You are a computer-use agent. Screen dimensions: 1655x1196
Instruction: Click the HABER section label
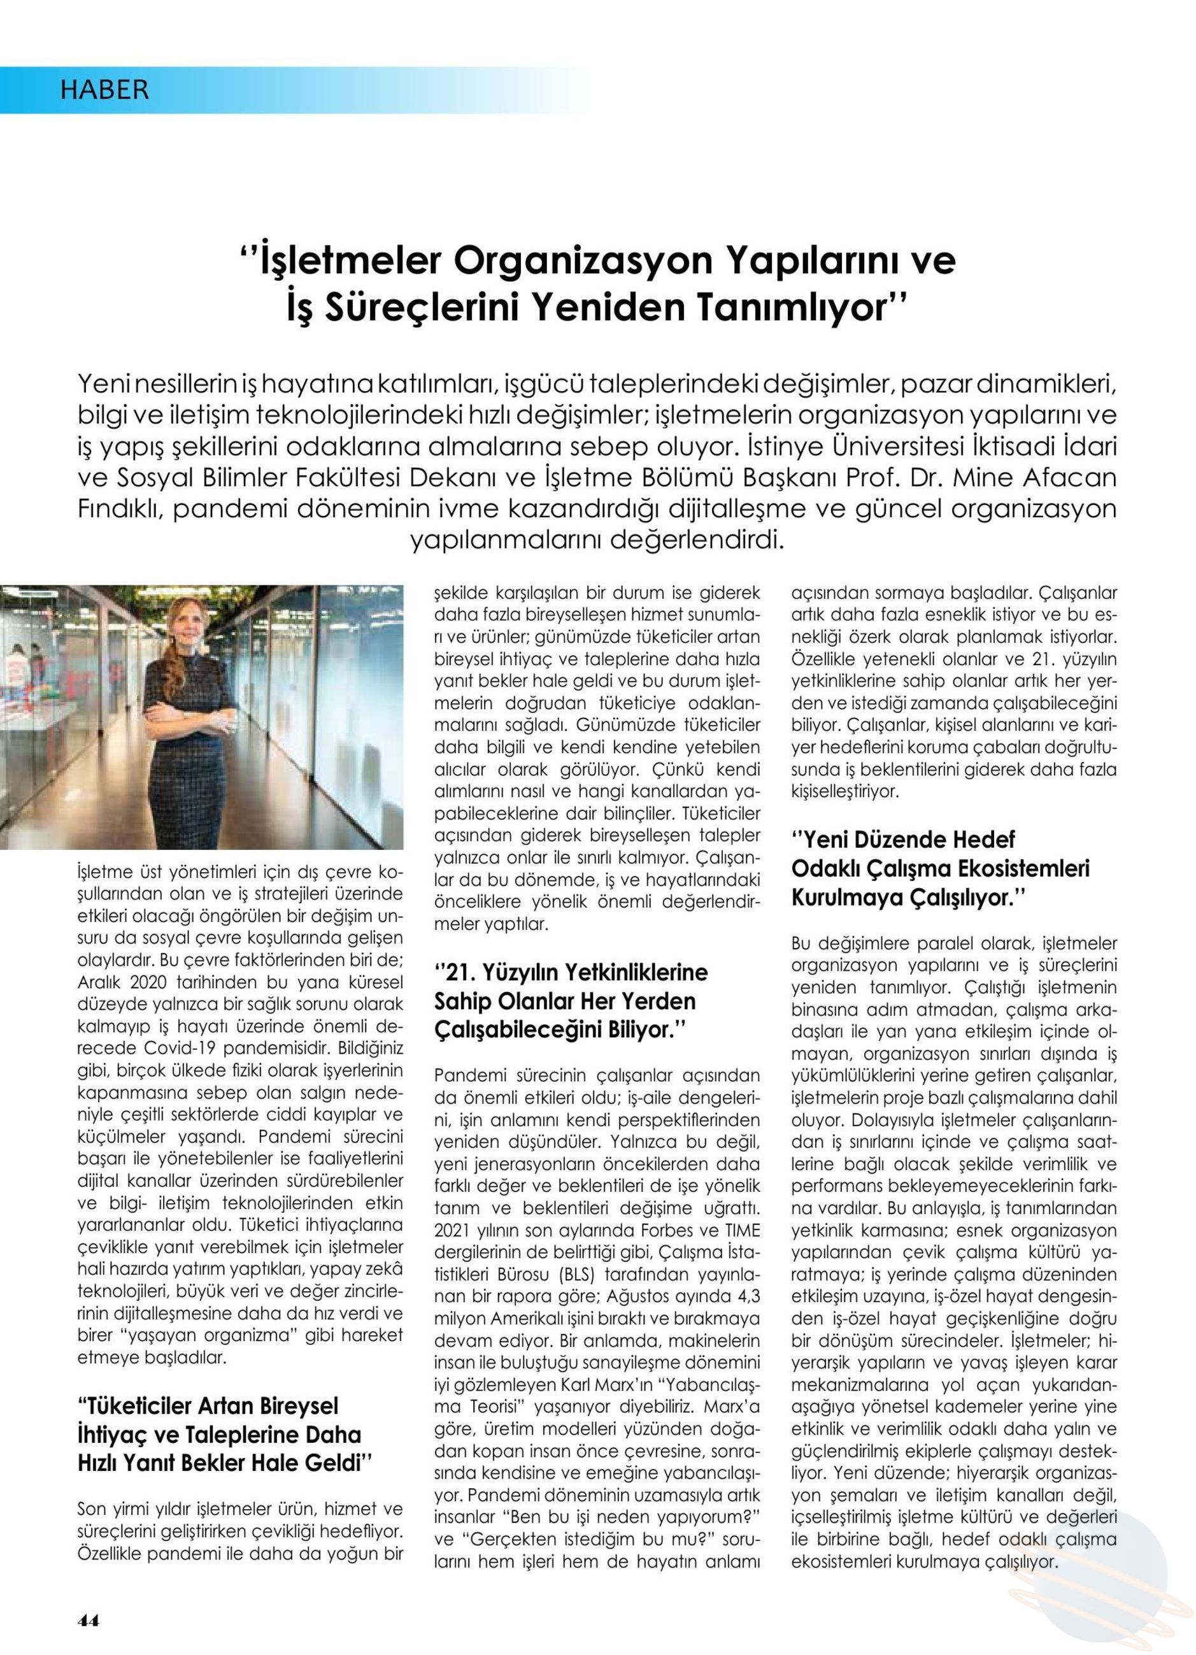pos(104,90)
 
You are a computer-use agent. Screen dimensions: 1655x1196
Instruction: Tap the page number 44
pos(89,1621)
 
